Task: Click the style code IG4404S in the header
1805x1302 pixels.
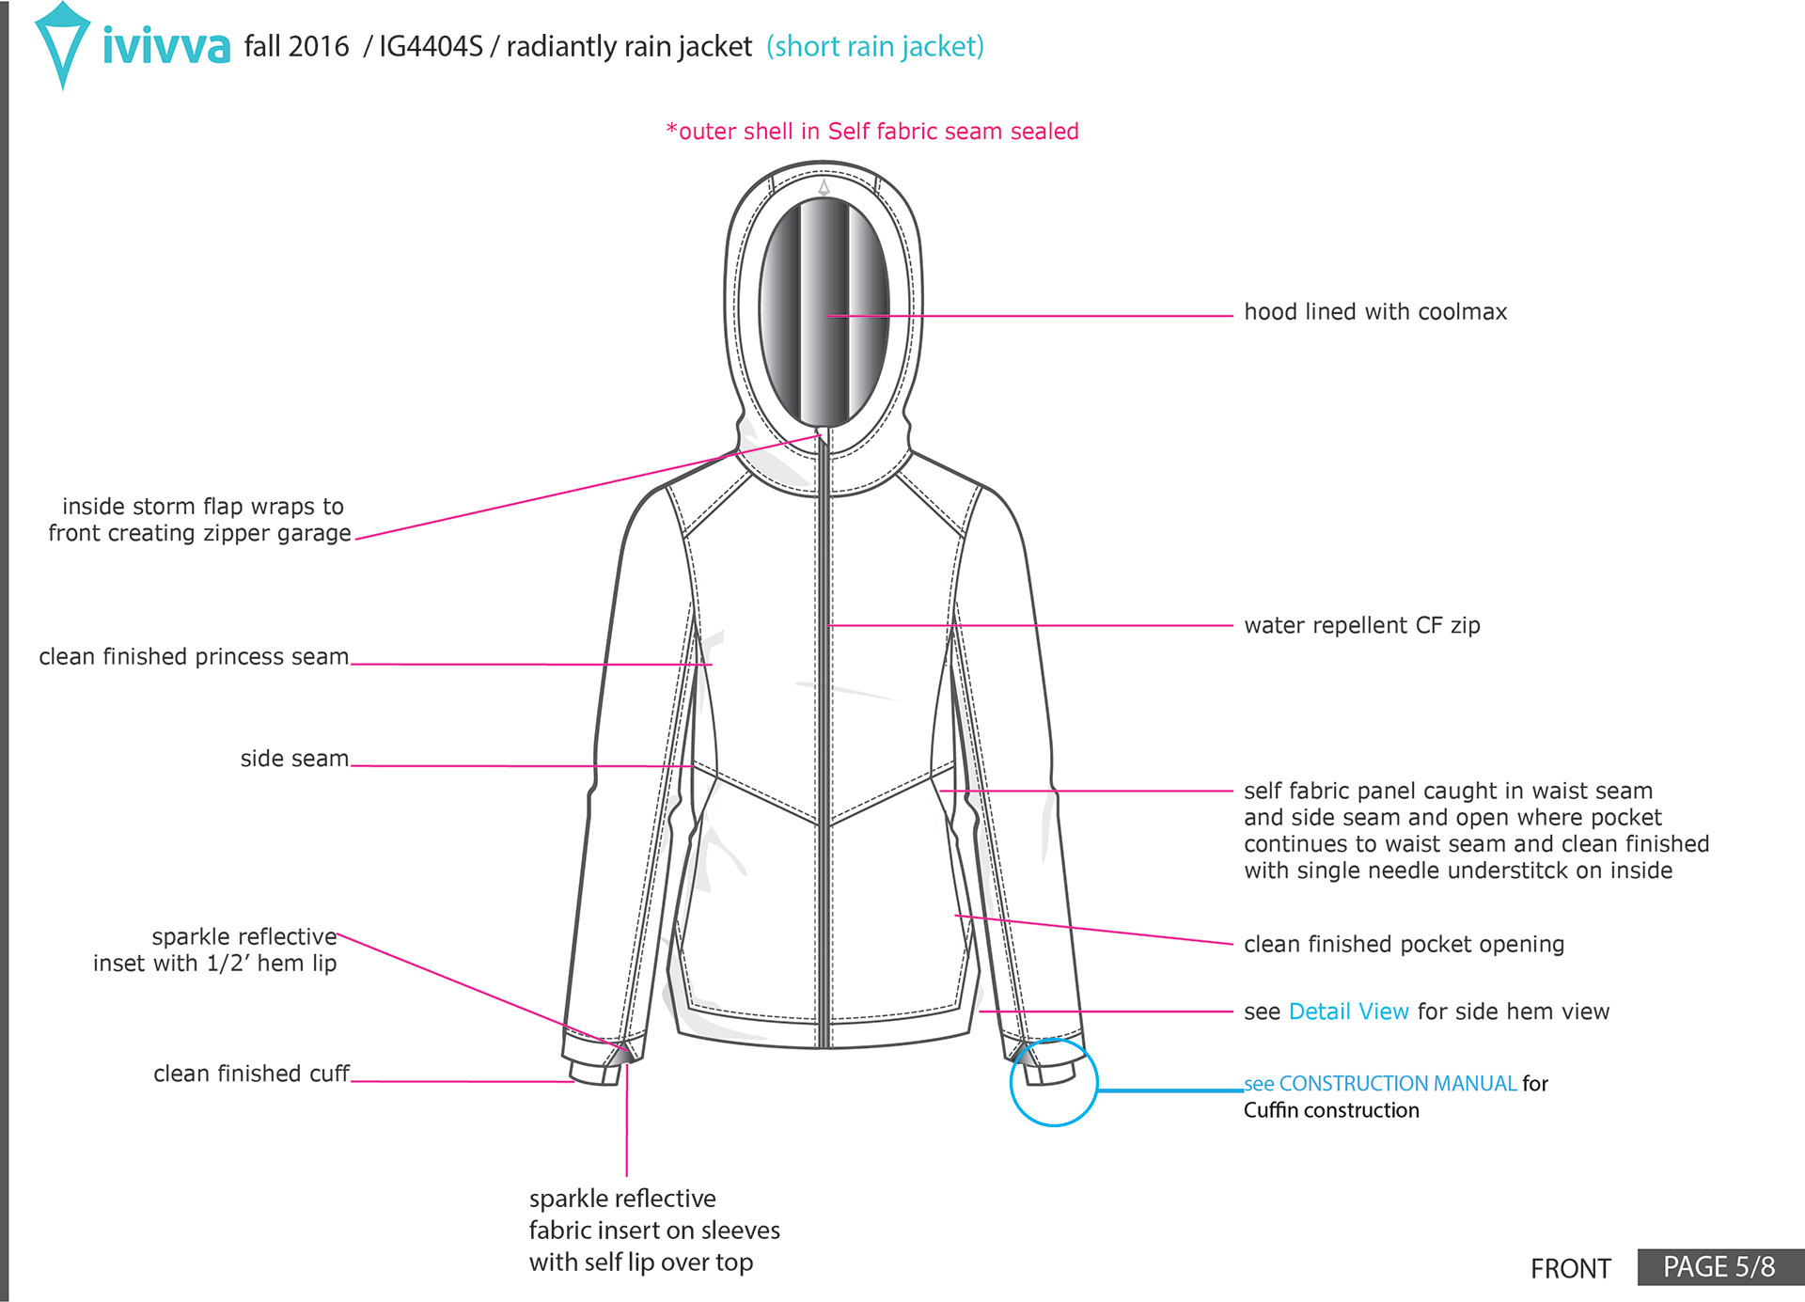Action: (x=431, y=46)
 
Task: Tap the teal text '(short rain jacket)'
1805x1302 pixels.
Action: (x=874, y=46)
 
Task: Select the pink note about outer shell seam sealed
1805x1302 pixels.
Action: (x=871, y=132)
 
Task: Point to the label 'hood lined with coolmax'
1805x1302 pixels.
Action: (x=1374, y=312)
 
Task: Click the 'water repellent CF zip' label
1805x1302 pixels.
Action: (x=1361, y=625)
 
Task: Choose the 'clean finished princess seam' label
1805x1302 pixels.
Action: (x=194, y=656)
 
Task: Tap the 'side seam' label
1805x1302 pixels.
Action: (x=294, y=759)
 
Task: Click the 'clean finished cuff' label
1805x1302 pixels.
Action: (x=251, y=1074)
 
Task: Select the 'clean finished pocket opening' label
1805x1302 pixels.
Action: (x=1404, y=944)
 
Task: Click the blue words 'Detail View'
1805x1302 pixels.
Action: (x=1348, y=1012)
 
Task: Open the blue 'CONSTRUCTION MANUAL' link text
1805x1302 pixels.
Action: (x=1397, y=1084)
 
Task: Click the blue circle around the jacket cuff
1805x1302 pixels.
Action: (x=1054, y=1082)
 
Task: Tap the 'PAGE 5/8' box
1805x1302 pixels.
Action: (x=1719, y=1267)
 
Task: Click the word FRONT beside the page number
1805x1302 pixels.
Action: (x=1570, y=1269)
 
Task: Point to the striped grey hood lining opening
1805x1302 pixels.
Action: (x=824, y=310)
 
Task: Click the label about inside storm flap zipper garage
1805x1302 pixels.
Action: (x=200, y=520)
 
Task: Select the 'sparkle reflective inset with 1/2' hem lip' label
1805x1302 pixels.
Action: (x=215, y=949)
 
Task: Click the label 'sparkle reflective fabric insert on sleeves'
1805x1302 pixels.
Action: (x=653, y=1230)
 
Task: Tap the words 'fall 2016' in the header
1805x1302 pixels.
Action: (x=296, y=46)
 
